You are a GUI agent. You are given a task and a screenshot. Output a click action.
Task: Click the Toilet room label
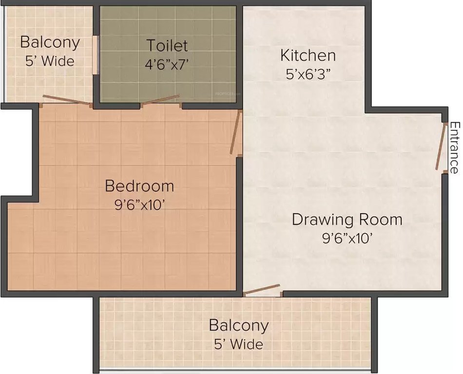click(167, 45)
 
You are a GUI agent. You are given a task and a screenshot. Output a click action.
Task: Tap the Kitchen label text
click(308, 56)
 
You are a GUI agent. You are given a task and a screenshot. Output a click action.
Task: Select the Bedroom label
click(139, 186)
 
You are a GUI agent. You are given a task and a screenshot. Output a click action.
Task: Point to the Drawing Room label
click(347, 219)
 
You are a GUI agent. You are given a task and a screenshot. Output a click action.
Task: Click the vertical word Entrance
click(454, 148)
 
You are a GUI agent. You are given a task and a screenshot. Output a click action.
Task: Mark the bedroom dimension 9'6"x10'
click(139, 205)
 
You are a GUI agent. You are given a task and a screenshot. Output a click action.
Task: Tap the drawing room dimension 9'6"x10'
click(347, 238)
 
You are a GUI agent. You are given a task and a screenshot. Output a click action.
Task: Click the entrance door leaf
click(442, 146)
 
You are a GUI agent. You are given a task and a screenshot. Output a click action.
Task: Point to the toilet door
click(161, 100)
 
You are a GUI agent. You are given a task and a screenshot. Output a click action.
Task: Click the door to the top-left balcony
click(66, 100)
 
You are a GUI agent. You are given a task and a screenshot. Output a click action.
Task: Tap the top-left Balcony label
click(49, 42)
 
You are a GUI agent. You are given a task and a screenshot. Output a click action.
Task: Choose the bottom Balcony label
click(238, 325)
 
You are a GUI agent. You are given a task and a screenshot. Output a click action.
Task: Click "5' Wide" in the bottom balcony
click(238, 344)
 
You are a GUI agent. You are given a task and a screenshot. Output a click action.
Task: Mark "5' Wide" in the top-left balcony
click(49, 61)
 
